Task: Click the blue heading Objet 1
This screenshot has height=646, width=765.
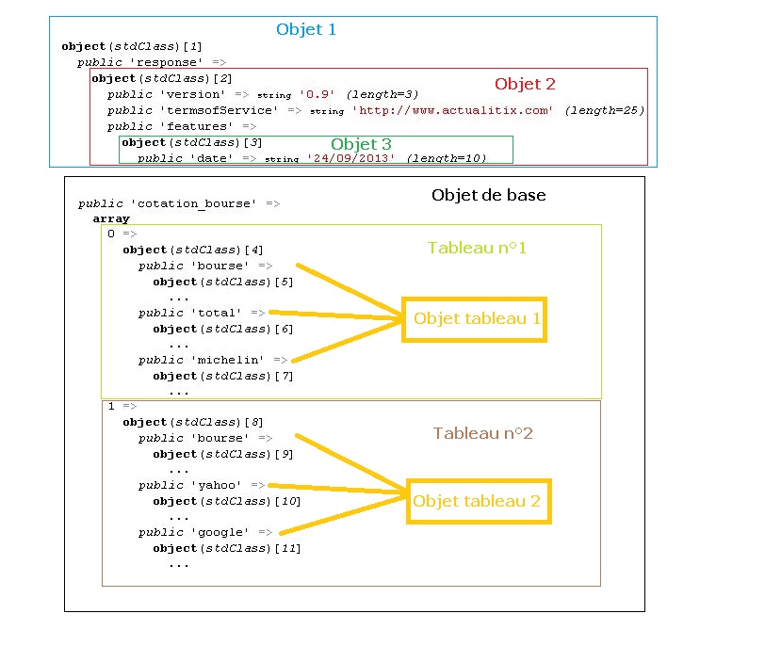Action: point(306,30)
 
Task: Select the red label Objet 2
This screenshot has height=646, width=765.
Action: point(525,84)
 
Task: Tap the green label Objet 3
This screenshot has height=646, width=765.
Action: point(361,144)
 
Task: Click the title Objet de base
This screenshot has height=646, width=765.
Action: point(488,195)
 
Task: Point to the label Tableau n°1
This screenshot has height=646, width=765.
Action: point(477,248)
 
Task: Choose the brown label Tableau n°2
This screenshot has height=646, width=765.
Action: point(483,433)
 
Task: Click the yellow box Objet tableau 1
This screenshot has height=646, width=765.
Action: point(474,319)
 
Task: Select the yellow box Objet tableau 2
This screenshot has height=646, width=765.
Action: point(480,502)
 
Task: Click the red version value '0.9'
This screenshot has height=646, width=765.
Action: point(317,94)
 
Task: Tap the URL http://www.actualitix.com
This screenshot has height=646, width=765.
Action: point(453,111)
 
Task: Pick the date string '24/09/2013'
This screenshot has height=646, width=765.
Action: point(350,158)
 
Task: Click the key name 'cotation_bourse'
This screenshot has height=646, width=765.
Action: point(194,203)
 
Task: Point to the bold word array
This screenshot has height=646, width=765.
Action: point(111,218)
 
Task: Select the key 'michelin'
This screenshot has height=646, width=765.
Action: point(228,360)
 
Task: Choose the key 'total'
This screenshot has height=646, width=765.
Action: point(217,313)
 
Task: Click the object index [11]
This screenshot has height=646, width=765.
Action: point(288,548)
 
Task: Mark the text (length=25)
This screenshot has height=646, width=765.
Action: point(605,111)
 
